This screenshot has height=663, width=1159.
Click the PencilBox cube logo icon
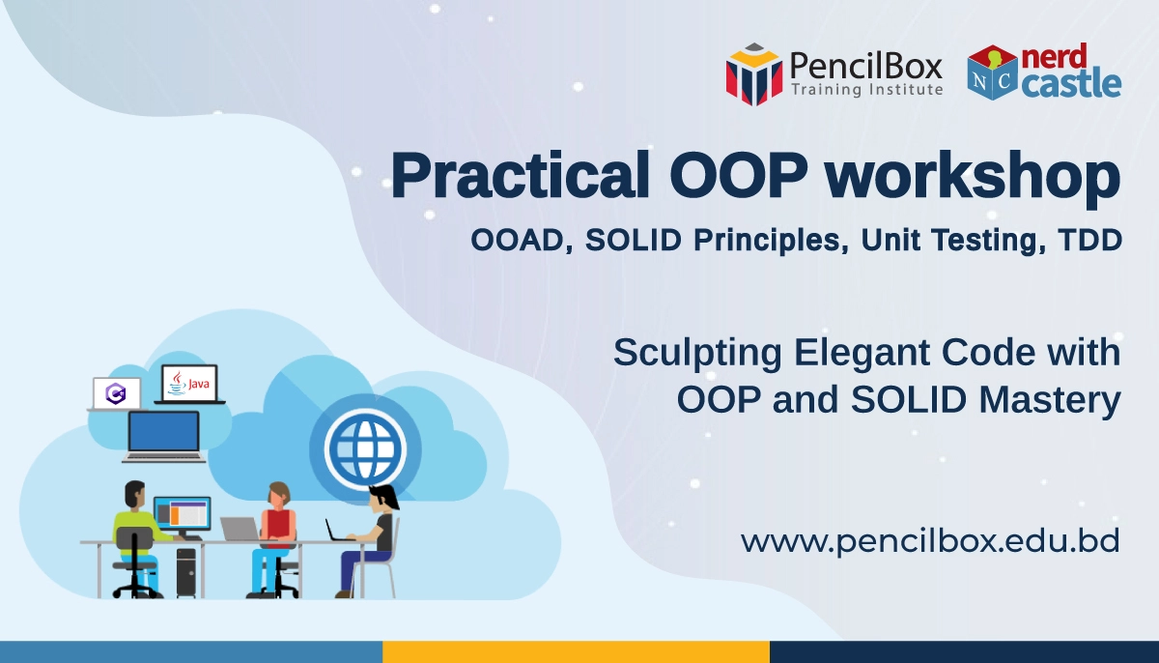point(754,74)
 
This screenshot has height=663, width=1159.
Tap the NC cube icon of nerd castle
point(993,72)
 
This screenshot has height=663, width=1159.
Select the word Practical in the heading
point(520,175)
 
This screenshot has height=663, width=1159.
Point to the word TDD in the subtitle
point(1090,240)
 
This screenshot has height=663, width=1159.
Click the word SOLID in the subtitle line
point(634,240)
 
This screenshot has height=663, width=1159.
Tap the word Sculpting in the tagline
point(697,354)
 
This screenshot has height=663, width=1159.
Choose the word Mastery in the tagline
point(1051,400)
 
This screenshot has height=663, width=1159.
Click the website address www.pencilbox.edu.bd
point(930,541)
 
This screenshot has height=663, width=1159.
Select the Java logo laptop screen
point(189,383)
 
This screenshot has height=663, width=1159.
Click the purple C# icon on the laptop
point(116,393)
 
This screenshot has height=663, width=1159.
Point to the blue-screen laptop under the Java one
point(164,437)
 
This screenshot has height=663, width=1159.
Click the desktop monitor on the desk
point(183,516)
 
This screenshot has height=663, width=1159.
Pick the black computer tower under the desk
point(186,571)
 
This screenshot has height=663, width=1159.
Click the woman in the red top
point(275,538)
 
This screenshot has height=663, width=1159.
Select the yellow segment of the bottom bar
point(576,652)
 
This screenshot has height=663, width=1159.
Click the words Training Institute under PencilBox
point(866,90)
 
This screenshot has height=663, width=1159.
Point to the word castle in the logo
point(1071,85)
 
